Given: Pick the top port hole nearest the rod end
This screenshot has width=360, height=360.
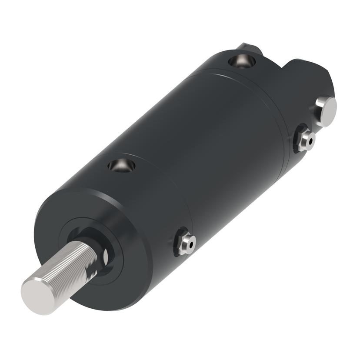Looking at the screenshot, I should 121,165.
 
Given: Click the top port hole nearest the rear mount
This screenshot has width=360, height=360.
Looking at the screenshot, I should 240,61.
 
